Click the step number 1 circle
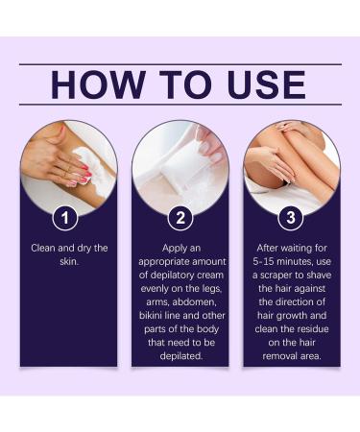pos(67,218)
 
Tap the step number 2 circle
pos(180,218)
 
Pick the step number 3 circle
pos(291,218)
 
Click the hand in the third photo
pos(275,169)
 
